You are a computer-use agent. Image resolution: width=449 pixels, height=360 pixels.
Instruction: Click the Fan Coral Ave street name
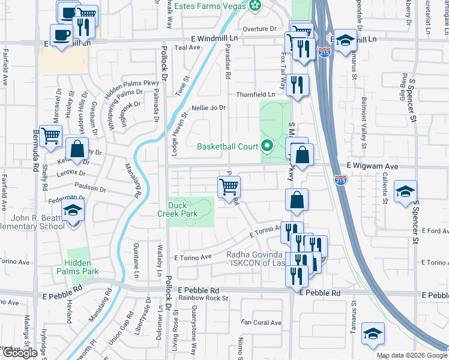tap(261, 323)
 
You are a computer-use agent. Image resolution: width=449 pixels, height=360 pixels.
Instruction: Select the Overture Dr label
tap(259, 29)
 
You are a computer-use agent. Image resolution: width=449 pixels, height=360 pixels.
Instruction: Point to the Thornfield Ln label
tap(255, 94)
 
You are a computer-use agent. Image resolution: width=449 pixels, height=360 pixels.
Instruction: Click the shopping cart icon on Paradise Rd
tap(229, 187)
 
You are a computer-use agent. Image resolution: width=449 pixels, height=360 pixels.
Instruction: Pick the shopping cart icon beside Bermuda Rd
tap(51, 137)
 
